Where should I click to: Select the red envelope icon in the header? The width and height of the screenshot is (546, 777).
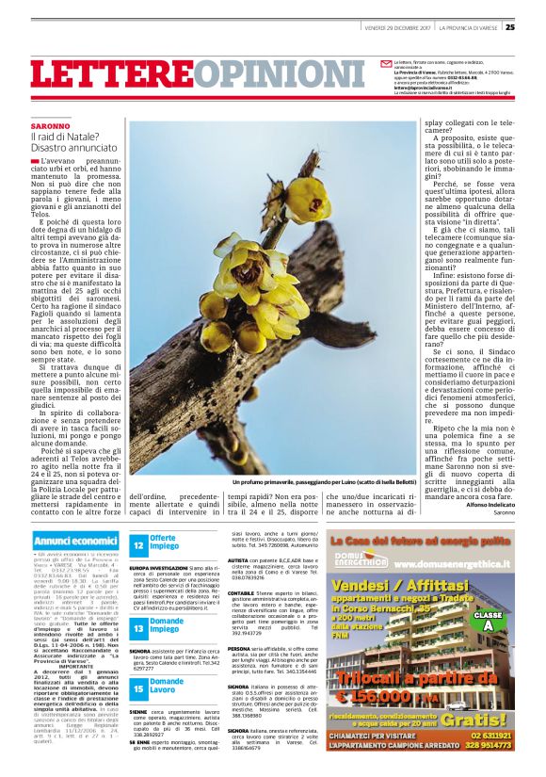point(385,63)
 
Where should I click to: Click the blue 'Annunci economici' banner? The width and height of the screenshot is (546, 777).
point(75,542)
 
